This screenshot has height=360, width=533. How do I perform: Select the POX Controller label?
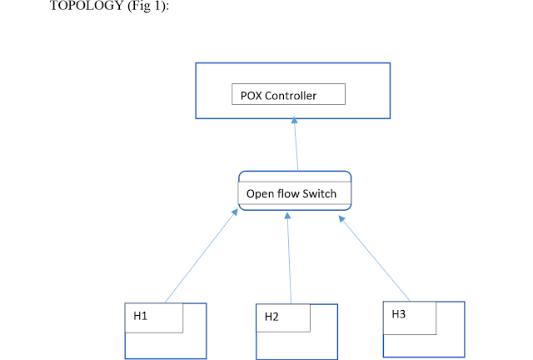click(x=278, y=95)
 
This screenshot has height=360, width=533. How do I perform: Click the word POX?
click(x=251, y=95)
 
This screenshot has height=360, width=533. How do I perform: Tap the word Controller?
click(x=291, y=95)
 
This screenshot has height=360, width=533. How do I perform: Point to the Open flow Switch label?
click(x=291, y=193)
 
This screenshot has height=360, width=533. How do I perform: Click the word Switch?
click(x=320, y=193)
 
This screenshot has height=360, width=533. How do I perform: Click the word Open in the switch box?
click(x=260, y=193)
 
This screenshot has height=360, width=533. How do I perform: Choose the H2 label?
click(x=271, y=317)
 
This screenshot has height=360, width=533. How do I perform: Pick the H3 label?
click(x=399, y=313)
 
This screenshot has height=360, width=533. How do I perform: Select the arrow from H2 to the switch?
click(x=289, y=258)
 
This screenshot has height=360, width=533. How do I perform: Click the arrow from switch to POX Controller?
click(x=296, y=145)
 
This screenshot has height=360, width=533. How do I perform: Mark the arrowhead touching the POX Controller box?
click(x=294, y=122)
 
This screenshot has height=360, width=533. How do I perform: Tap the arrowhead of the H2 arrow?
click(x=286, y=216)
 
